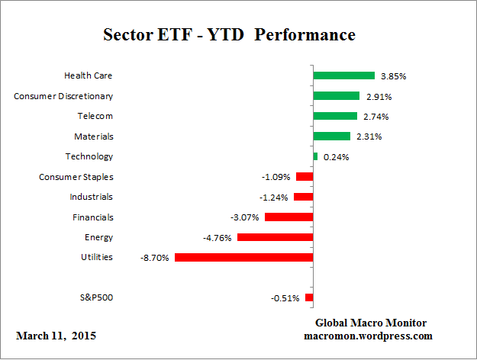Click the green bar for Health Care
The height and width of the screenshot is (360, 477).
click(343, 76)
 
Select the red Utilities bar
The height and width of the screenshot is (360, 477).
click(243, 257)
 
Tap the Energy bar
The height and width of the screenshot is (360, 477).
click(275, 237)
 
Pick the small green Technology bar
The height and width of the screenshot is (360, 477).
click(315, 156)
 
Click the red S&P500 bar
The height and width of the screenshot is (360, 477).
click(309, 297)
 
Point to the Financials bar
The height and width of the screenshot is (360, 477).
click(288, 217)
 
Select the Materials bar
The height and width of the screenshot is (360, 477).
click(331, 137)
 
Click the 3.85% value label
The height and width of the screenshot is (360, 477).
click(393, 76)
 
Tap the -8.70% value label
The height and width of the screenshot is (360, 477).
click(155, 258)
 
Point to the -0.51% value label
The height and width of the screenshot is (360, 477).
click(285, 298)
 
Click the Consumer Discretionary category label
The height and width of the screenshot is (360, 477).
click(64, 96)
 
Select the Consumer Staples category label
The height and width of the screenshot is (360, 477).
click(76, 177)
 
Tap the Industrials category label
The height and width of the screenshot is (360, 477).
click(91, 197)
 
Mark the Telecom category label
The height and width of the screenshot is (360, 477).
click(95, 116)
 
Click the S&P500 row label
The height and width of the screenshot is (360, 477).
click(96, 297)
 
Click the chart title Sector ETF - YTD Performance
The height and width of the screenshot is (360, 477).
click(229, 35)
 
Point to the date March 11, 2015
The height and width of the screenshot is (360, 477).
click(56, 336)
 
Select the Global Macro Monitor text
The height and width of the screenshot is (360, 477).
click(371, 323)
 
